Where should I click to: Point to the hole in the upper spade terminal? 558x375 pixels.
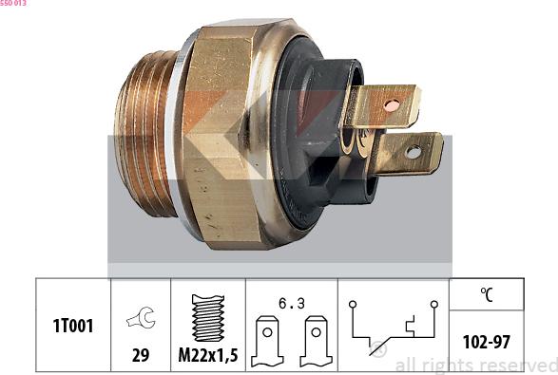pyautogui.click(x=391, y=103)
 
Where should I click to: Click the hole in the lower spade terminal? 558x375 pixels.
pyautogui.click(x=413, y=151)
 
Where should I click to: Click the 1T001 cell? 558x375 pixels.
pyautogui.click(x=72, y=326)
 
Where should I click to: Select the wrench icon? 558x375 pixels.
pyautogui.click(x=140, y=321)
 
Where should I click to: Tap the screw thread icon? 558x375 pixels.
pyautogui.click(x=207, y=317)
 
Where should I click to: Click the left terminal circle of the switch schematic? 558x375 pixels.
pyautogui.click(x=352, y=304)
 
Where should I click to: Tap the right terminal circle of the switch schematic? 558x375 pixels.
pyautogui.click(x=433, y=304)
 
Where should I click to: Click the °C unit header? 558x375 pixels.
pyautogui.click(x=487, y=294)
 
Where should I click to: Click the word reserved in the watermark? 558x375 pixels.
pyautogui.click(x=518, y=365)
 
